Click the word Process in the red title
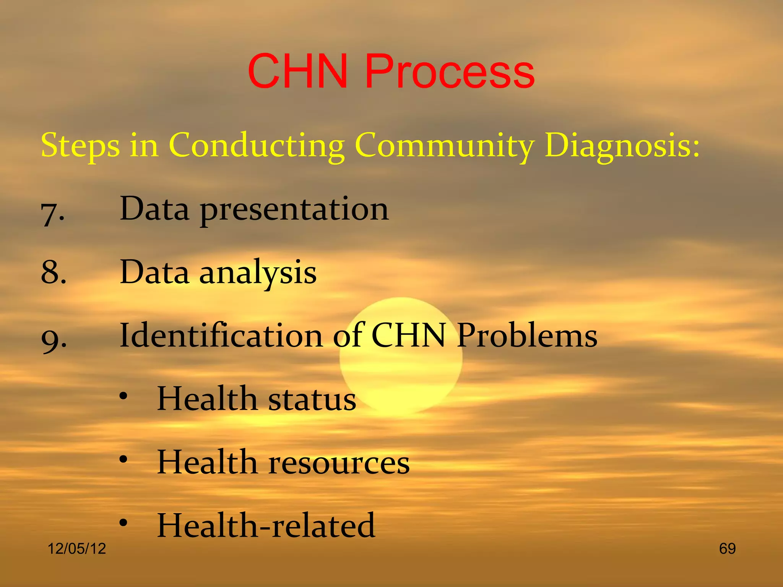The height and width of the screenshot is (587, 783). (449, 72)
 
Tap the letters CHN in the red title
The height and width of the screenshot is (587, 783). (298, 72)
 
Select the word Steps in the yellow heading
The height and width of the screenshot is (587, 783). (80, 146)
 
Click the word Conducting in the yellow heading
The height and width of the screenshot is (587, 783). (257, 146)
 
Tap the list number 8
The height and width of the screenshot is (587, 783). (54, 273)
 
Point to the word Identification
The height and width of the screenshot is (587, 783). (221, 335)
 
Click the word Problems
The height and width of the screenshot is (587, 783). (527, 335)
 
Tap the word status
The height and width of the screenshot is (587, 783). (312, 399)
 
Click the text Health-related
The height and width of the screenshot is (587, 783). (266, 525)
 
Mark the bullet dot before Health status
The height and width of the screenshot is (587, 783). (123, 396)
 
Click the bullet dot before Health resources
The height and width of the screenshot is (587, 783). (123, 460)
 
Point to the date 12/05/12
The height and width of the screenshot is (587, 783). (77, 549)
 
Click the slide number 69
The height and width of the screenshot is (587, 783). (727, 549)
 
